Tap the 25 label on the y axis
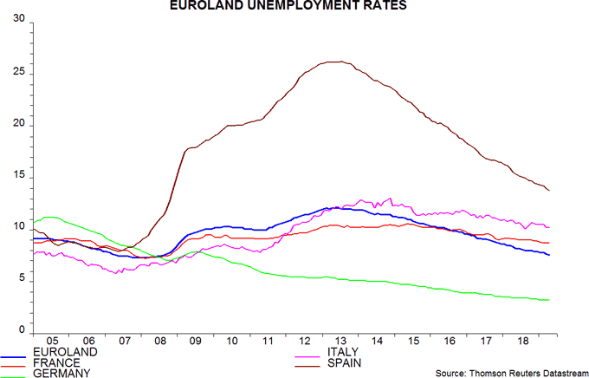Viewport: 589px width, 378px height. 18,74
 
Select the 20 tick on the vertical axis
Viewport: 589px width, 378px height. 18,126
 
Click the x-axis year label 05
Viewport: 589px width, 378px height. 52,342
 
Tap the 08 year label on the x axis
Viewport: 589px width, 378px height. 160,342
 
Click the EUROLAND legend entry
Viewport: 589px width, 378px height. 61,352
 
